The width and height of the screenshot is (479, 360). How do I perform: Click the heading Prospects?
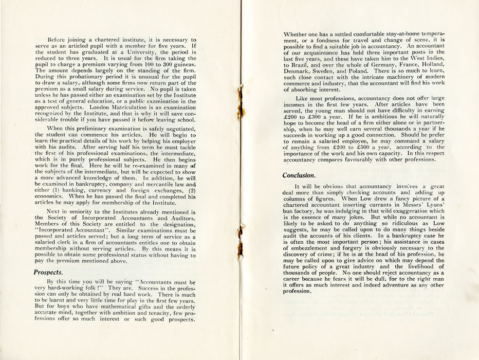(48, 272)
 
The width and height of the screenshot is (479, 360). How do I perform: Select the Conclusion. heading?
(299, 175)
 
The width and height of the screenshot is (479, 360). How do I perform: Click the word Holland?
(430, 60)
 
